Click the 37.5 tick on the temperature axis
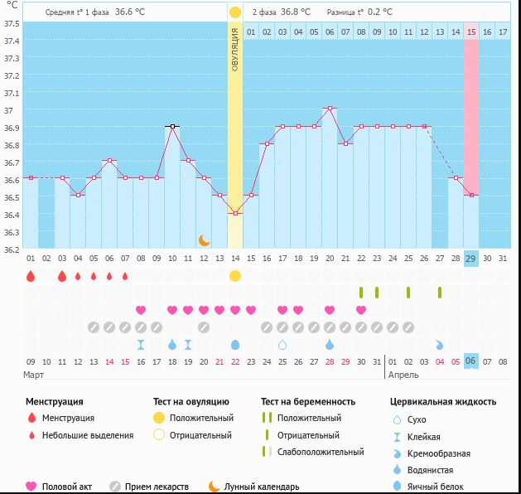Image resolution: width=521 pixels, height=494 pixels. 12,23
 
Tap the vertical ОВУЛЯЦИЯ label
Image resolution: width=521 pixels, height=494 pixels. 235,50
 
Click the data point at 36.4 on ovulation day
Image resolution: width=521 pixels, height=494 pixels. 235,213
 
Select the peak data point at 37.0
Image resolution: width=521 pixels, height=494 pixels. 330,109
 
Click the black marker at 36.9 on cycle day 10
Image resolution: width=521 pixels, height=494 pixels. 172,126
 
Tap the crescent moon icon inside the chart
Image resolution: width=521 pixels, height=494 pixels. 205,240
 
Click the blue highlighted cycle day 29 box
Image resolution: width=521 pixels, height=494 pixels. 470,258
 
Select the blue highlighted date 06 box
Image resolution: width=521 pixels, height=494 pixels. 470,361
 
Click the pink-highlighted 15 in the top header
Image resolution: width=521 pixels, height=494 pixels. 470,31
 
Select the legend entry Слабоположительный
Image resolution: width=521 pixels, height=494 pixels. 321,452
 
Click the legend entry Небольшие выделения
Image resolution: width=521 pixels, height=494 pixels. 87,435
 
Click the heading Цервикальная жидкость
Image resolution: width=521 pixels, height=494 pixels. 443,401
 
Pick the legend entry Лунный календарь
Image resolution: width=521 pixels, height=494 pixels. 262,487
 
